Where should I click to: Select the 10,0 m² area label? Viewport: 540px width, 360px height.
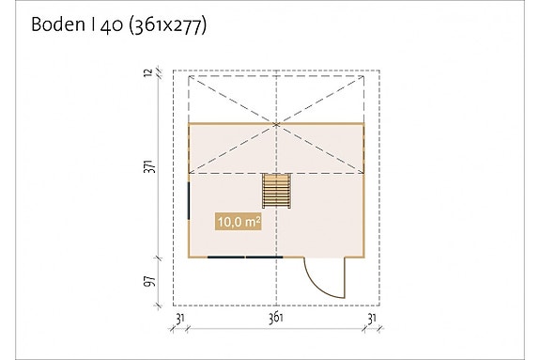click(x=238, y=223)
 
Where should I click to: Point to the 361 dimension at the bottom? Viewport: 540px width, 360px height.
click(x=276, y=320)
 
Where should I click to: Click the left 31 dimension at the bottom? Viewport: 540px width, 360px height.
click(x=179, y=320)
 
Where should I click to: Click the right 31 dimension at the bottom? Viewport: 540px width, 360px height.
click(x=372, y=320)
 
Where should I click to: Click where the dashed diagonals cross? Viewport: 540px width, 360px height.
click(x=276, y=124)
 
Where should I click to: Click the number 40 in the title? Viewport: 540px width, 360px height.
click(x=107, y=25)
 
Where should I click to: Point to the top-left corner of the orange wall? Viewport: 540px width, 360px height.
click(x=189, y=124)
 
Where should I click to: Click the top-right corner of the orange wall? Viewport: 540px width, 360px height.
click(x=363, y=124)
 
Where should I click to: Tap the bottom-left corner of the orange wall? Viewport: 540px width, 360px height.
click(x=189, y=257)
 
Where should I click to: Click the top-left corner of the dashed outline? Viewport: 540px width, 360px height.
click(x=173, y=70)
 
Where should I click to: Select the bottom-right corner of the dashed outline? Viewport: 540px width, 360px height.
click(x=378, y=305)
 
